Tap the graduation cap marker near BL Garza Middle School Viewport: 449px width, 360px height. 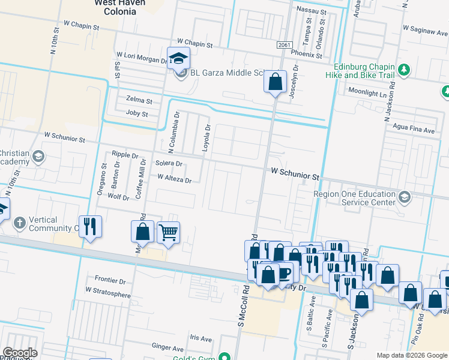coord(178,58)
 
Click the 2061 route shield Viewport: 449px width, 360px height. coord(285,45)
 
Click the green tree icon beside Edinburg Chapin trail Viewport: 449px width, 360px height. coord(405,70)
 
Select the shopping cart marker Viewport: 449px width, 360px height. coord(168,232)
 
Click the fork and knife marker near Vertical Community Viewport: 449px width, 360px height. coord(90,227)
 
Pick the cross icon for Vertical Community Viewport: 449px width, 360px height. coord(19,224)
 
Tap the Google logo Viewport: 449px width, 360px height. coord(20,353)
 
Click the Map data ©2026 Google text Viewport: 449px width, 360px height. coord(411,355)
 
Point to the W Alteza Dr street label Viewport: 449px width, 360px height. coord(174,179)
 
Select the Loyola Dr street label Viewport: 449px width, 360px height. coord(208,138)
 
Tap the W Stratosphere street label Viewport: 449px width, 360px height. coord(108,290)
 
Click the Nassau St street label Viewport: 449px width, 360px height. coord(312,11)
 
